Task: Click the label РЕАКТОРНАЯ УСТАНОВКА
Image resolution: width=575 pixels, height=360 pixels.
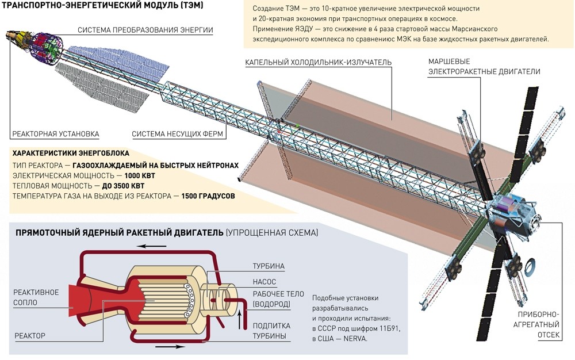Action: coord(56,134)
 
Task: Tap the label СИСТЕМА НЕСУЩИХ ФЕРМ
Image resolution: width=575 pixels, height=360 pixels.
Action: coord(178,134)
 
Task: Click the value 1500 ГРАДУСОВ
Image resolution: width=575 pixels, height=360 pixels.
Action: coord(208,196)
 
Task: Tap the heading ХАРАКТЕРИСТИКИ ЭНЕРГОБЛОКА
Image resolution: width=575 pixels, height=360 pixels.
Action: coord(71,154)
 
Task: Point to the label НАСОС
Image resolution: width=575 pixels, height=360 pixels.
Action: coord(264,282)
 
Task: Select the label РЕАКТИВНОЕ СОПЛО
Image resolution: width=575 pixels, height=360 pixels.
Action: coord(36,297)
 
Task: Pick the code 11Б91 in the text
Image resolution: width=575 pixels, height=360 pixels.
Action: coord(390,328)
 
